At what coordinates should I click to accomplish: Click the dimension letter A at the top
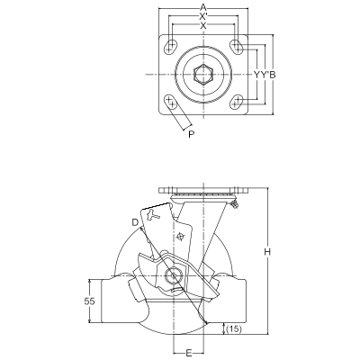203,7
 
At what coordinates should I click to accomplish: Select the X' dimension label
203,16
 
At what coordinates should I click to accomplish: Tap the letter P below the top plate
191,134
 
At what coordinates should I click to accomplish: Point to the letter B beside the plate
272,75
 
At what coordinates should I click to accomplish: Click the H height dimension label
267,252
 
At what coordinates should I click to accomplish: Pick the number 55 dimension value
88,301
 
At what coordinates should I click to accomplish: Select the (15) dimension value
233,329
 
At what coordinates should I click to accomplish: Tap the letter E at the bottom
189,353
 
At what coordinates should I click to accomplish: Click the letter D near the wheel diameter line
135,222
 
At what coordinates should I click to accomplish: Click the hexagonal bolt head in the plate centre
203,75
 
